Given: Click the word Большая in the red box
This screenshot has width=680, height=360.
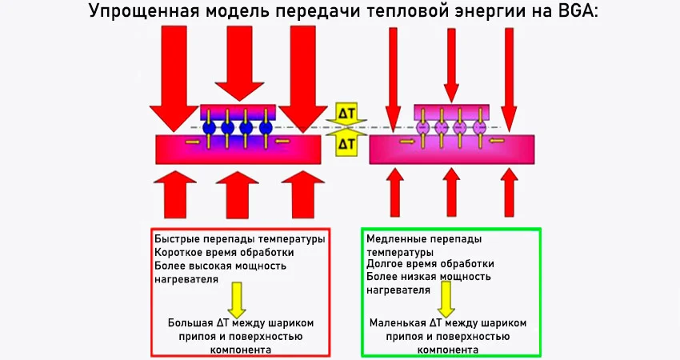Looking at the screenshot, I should (190, 322).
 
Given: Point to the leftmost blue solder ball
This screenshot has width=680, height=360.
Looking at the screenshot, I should (210, 127).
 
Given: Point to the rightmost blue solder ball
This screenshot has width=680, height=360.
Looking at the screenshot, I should (266, 127).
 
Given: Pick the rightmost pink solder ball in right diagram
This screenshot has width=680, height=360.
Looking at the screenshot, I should (480, 127).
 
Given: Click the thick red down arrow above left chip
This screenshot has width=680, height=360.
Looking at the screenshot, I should (238, 64).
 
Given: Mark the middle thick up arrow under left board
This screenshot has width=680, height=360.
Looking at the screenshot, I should (238, 196).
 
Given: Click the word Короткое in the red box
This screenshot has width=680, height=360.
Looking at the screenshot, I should (179, 252).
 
